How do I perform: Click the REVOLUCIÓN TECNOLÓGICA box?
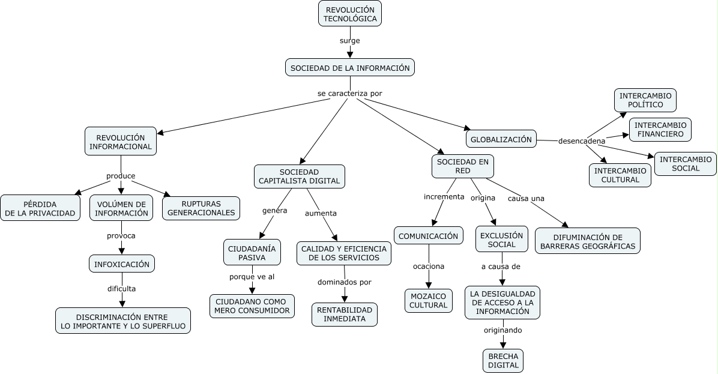coord(350,14)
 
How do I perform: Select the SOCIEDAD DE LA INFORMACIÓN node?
coord(350,68)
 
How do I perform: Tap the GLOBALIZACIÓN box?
coord(501,139)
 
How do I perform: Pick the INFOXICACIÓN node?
coord(121,264)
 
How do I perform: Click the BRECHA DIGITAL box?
coord(503,360)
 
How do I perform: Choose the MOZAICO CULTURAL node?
coord(428,300)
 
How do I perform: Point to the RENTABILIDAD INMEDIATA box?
coord(345,314)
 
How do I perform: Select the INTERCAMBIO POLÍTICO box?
coord(645,100)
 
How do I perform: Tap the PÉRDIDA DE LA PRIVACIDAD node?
coord(40,208)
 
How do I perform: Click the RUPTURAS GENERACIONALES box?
coord(202,208)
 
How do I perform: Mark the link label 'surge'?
coord(350,41)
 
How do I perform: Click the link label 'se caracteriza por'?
coord(349,94)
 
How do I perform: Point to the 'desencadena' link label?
coord(582,142)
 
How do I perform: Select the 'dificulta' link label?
coord(121,289)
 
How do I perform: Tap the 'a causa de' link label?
coord(501,266)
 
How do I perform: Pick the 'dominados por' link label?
coord(345,282)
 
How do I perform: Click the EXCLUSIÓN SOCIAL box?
coord(502,240)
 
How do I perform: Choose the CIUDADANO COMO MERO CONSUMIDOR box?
coord(252,306)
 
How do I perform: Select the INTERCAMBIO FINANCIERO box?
coord(660,130)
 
